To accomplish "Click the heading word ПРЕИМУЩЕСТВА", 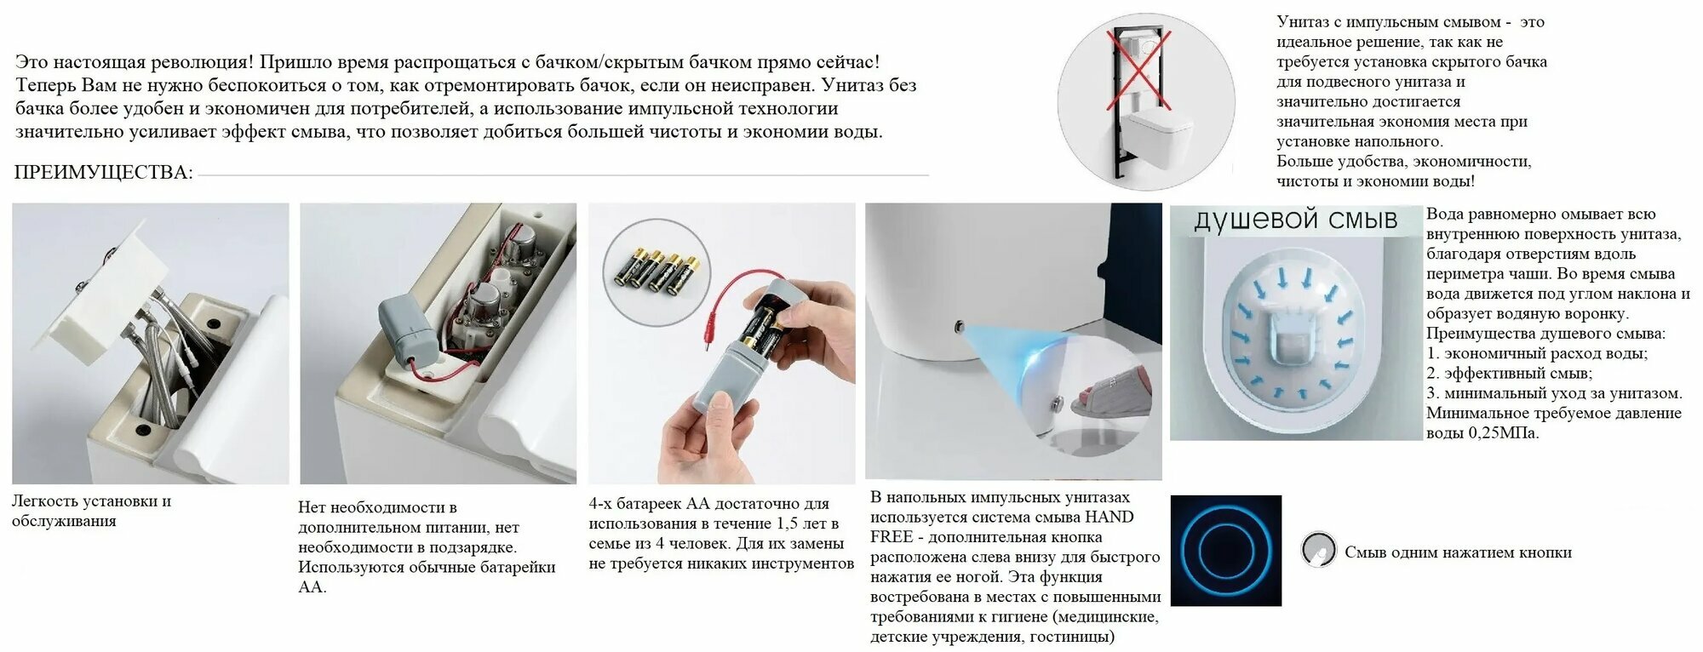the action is click(103, 173).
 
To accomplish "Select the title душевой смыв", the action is click(1295, 220).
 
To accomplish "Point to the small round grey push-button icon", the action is click(1319, 550).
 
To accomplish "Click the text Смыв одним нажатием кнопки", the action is click(1458, 552).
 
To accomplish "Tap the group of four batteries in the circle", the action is click(657, 272).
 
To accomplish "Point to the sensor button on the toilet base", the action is click(960, 326).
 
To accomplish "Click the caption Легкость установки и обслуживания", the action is click(91, 511).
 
